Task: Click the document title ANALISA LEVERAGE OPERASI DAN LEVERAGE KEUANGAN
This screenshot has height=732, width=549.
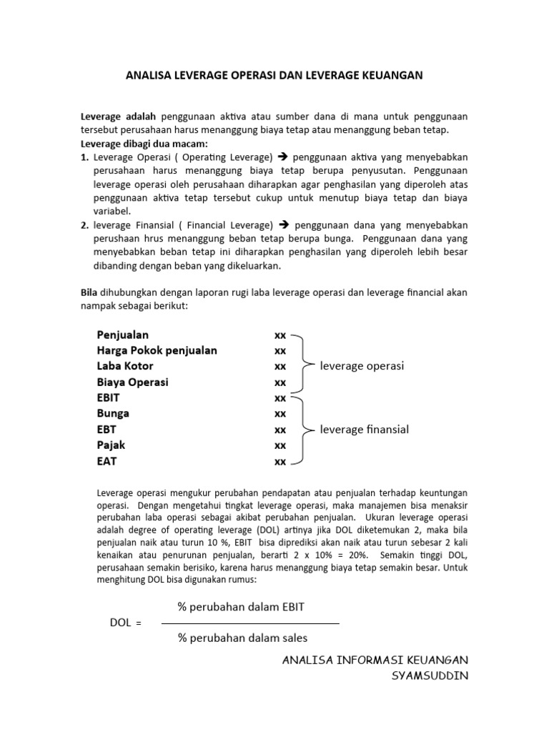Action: point(275,75)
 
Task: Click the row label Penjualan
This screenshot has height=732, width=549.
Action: point(123,334)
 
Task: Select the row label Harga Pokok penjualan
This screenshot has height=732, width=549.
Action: point(157,350)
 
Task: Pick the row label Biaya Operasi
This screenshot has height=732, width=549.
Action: point(132,382)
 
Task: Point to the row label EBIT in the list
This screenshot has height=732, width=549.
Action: point(109,398)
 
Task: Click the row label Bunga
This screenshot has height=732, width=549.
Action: point(113,413)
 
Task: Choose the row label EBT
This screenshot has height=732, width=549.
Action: point(107,430)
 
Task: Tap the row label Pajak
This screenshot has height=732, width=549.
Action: point(111,445)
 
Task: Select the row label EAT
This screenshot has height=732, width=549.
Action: point(107,461)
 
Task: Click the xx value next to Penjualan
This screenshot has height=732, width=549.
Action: point(280,335)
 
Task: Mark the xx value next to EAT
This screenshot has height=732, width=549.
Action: point(280,462)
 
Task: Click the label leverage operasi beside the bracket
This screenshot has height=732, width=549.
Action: point(362,366)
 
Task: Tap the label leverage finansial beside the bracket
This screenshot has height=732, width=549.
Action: point(365,430)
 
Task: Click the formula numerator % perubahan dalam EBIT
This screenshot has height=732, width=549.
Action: point(241,607)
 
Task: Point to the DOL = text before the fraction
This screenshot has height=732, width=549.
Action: point(126,623)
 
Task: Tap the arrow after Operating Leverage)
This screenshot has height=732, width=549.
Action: point(282,157)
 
